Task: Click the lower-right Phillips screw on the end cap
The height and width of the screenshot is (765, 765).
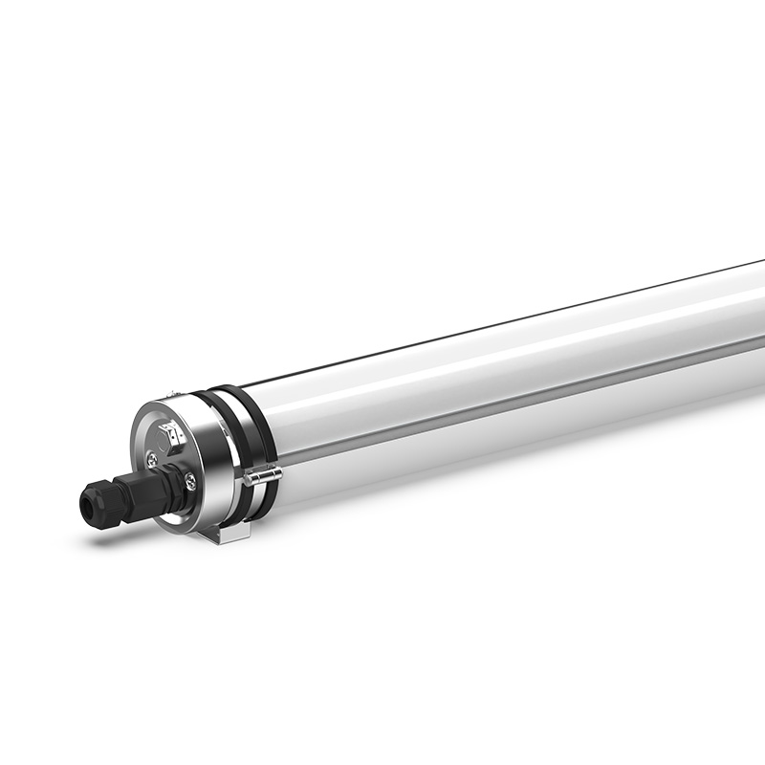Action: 190,482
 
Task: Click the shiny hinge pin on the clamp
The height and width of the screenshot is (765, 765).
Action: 261,474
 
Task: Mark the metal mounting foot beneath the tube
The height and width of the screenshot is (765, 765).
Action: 226,535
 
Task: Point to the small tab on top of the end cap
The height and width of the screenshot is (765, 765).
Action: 171,393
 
